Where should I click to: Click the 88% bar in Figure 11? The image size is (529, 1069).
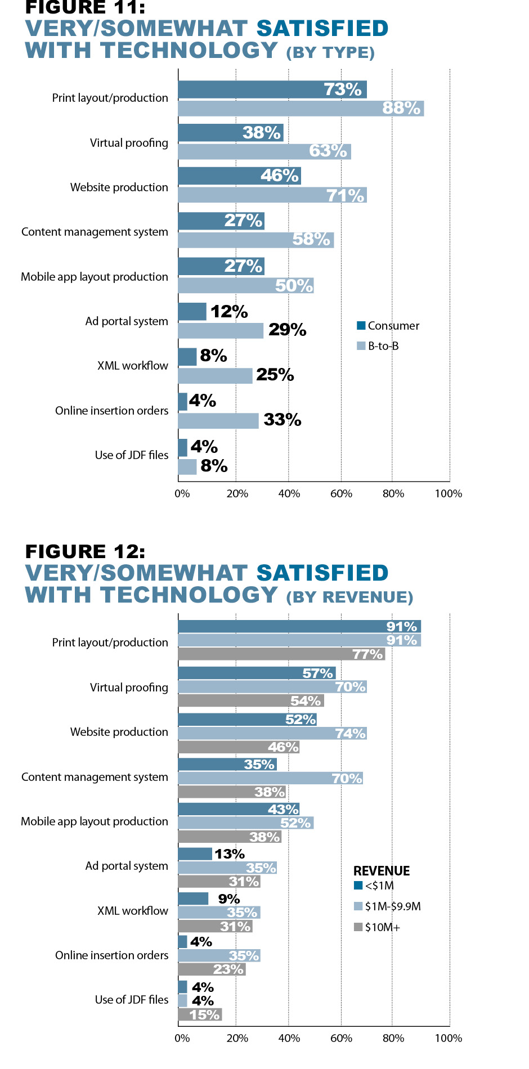pos(301,109)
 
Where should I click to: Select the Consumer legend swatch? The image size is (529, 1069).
pos(361,326)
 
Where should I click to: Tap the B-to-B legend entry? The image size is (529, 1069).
pos(383,346)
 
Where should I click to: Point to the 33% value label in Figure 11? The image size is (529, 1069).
pos(282,420)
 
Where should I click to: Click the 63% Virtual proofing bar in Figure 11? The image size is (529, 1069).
pos(264,151)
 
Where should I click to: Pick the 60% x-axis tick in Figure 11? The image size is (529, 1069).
pos(341,493)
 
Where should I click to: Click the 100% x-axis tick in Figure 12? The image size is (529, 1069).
pos(449,1038)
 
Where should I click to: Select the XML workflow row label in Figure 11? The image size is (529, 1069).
pos(133,366)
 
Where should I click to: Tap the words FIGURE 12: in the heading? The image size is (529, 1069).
pos(85,551)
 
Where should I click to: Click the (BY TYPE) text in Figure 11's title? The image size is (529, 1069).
pos(330,53)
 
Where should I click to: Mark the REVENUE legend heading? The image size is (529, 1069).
pos(382,871)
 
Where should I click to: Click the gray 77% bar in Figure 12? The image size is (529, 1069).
pos(281,654)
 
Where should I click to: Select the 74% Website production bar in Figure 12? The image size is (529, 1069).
pos(272,733)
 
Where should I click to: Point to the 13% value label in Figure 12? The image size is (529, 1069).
pos(229,854)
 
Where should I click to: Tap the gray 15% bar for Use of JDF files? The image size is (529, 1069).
pos(200,1014)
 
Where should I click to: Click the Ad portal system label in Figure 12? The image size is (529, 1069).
pos(127,866)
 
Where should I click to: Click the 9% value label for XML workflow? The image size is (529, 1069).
pos(229,899)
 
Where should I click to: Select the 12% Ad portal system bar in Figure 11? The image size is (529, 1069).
pos(192,312)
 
